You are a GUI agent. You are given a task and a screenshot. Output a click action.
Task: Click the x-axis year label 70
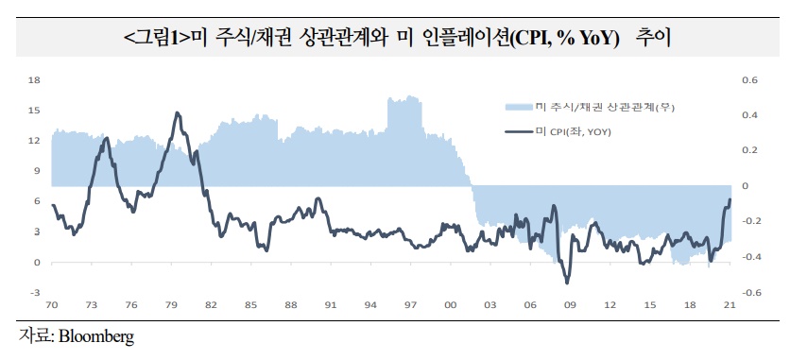(52, 304)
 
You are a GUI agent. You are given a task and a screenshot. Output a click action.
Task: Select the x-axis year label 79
(172, 304)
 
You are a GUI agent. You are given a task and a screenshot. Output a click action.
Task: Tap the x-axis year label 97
(411, 304)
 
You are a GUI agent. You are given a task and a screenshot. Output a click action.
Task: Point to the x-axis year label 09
(571, 304)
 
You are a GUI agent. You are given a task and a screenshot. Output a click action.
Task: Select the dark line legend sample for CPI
(520, 131)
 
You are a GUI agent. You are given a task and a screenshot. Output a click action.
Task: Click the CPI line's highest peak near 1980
(178, 112)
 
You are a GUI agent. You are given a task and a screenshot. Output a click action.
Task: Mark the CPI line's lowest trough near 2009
(567, 283)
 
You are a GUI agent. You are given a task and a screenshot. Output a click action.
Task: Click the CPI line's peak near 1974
(106, 138)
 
